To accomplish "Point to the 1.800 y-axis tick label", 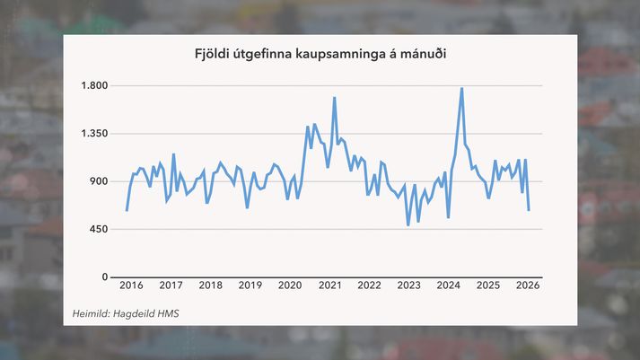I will [93, 86].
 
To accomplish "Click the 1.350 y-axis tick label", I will [93, 134].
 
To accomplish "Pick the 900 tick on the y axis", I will [98, 181].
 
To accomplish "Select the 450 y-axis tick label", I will [98, 229].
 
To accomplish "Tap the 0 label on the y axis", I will [104, 277].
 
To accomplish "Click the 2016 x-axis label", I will [131, 285].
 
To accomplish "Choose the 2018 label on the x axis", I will [210, 285].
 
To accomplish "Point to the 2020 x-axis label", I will [290, 285].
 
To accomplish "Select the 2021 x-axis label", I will [329, 285].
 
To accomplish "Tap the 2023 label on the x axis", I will [408, 285].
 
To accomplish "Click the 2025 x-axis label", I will [487, 285].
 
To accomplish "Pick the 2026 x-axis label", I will [527, 285].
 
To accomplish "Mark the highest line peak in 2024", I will [461, 88].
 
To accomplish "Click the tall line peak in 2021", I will [334, 97].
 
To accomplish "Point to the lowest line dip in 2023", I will [408, 224].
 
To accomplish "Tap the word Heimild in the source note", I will [92, 313].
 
